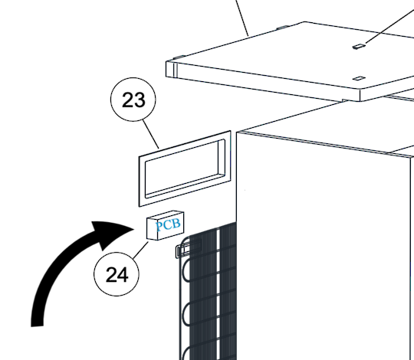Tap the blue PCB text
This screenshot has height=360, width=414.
(168, 225)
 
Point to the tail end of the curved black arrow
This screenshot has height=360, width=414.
(37, 326)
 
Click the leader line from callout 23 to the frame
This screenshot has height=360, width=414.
(151, 135)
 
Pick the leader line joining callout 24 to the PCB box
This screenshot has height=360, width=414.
(141, 250)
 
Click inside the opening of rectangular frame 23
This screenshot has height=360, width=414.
(182, 169)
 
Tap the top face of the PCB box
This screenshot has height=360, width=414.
(166, 214)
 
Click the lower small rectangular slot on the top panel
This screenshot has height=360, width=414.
(359, 78)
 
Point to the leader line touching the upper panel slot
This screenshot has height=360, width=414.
(389, 25)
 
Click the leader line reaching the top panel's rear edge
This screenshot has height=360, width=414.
(242, 18)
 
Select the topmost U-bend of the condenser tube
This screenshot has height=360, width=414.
(186, 270)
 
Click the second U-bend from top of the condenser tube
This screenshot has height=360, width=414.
(186, 314)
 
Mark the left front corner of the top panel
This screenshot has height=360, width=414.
(166, 62)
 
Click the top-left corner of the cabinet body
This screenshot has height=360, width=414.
(237, 133)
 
